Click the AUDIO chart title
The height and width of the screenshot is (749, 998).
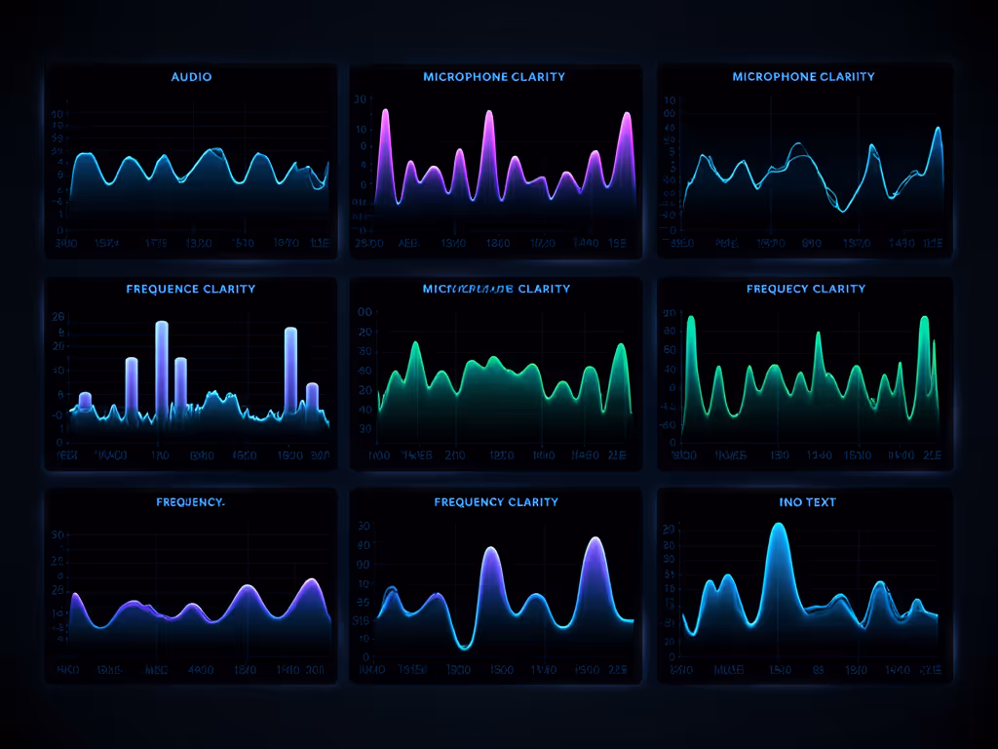click(x=191, y=76)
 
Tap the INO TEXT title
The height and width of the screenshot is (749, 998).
click(x=807, y=502)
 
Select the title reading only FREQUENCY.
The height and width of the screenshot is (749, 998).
click(x=190, y=502)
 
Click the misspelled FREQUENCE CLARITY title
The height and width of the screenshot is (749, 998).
click(x=191, y=289)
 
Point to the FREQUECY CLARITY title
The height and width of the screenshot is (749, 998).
click(x=806, y=289)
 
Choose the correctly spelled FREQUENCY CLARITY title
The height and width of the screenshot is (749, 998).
click(x=496, y=502)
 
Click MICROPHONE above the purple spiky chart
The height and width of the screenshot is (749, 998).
click(x=462, y=76)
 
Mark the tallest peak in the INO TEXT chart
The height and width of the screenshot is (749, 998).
click(x=778, y=527)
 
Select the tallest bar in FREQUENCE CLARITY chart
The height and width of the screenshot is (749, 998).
click(x=162, y=325)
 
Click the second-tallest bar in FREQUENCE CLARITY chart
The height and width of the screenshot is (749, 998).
click(x=289, y=332)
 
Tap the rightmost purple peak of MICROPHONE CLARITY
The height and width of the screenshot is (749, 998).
click(x=626, y=116)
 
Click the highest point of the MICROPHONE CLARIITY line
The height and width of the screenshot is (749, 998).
click(x=938, y=129)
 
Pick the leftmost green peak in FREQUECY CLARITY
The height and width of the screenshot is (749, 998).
click(x=691, y=318)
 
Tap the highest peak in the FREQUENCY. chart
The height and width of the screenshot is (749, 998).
click(x=312, y=581)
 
